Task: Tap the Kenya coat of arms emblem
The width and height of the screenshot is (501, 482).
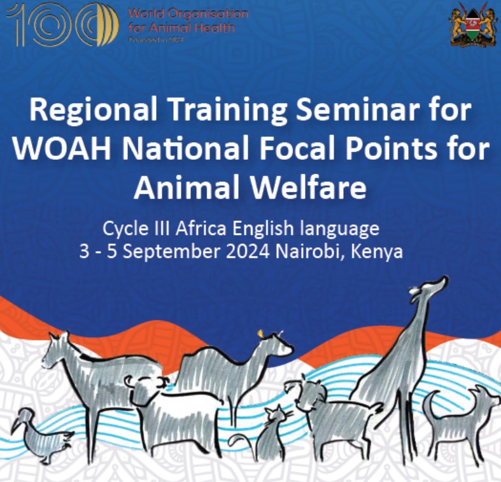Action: click(472, 25)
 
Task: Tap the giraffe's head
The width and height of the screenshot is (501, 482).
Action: click(434, 285)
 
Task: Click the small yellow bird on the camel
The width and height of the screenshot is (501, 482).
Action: click(260, 332)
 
